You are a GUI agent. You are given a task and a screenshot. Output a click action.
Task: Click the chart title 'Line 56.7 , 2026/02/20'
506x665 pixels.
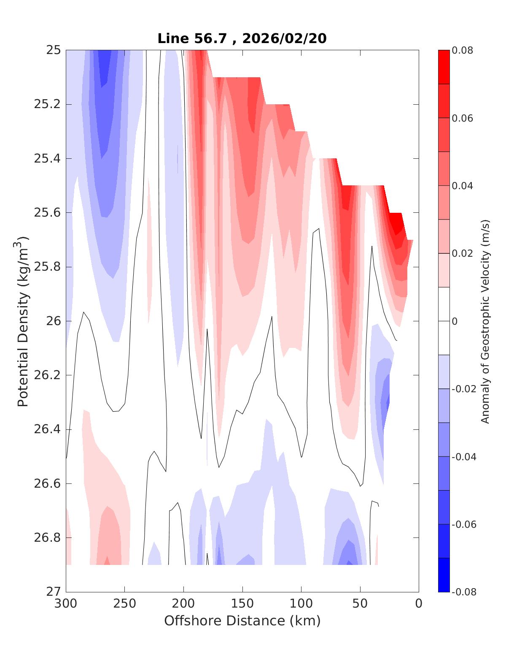click(242, 39)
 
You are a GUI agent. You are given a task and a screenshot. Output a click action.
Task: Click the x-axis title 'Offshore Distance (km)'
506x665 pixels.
click(242, 621)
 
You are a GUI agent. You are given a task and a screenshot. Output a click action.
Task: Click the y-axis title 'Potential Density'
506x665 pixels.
click(23, 321)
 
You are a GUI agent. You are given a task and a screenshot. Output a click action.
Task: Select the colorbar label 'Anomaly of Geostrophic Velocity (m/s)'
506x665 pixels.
click(485, 321)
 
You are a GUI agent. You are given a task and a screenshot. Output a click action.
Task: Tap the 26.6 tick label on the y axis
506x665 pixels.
click(47, 484)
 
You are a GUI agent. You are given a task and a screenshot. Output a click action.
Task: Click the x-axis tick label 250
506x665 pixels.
click(125, 604)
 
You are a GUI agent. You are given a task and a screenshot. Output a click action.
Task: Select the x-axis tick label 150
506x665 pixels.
click(242, 604)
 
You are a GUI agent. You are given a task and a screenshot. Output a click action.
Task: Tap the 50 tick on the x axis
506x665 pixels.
click(360, 604)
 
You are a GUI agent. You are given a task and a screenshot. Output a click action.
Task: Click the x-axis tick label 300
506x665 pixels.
click(66, 604)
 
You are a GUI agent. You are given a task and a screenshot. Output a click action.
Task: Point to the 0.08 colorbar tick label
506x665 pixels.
click(462, 50)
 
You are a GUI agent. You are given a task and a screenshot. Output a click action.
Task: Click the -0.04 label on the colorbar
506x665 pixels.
click(463, 457)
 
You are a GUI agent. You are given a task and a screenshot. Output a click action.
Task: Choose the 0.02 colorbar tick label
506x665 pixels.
click(462, 253)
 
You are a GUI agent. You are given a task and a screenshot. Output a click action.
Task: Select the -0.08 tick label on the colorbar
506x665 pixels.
click(463, 592)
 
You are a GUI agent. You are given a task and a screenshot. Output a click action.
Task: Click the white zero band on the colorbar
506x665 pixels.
click(444, 321)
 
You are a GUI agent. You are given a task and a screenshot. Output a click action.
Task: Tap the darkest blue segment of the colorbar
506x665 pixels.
click(444, 575)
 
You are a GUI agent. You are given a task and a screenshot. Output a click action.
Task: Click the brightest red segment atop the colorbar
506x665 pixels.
click(444, 67)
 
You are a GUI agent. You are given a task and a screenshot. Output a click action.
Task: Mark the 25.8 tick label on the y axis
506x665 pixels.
click(47, 267)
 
